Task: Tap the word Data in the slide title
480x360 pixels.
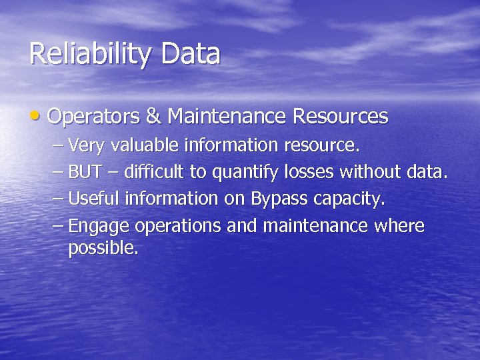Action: [x=190, y=54]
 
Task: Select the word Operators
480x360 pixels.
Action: [x=93, y=117]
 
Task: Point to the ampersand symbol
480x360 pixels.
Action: [x=153, y=117]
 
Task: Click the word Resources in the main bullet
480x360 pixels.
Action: [x=340, y=117]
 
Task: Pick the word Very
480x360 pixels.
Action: [x=87, y=145]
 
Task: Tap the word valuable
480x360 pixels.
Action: [x=145, y=145]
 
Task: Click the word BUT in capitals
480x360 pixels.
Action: [x=85, y=172]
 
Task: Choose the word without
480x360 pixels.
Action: [x=370, y=172]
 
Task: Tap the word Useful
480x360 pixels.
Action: [x=94, y=199]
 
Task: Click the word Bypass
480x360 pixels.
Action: [x=279, y=199]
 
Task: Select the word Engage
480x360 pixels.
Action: [x=99, y=227]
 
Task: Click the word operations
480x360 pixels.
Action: [x=178, y=227]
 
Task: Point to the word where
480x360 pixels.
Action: [x=399, y=226]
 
